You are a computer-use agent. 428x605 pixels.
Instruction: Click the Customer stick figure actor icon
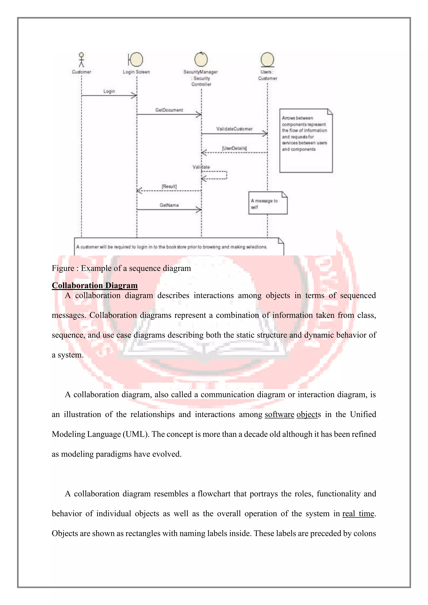click(82, 60)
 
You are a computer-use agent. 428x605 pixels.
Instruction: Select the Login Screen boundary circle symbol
click(136, 59)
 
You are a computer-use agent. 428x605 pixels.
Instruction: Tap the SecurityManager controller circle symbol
click(201, 59)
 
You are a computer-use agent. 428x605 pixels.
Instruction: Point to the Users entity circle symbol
click(267, 60)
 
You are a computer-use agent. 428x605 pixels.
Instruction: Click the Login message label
click(109, 91)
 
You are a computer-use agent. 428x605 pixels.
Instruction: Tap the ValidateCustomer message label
click(234, 129)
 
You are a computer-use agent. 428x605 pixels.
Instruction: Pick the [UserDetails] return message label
click(234, 148)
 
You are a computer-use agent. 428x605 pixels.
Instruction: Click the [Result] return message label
click(169, 186)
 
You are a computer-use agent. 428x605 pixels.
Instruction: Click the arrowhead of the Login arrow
click(134, 95)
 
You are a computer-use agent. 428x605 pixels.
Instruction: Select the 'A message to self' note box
click(268, 203)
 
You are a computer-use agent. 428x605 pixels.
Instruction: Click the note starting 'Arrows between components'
click(306, 141)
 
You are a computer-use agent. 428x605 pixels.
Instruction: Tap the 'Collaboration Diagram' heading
click(95, 285)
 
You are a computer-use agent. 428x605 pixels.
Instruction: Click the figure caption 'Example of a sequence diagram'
click(121, 268)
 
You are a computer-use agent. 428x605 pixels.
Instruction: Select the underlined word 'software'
click(279, 414)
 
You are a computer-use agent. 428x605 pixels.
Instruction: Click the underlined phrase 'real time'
click(358, 513)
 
